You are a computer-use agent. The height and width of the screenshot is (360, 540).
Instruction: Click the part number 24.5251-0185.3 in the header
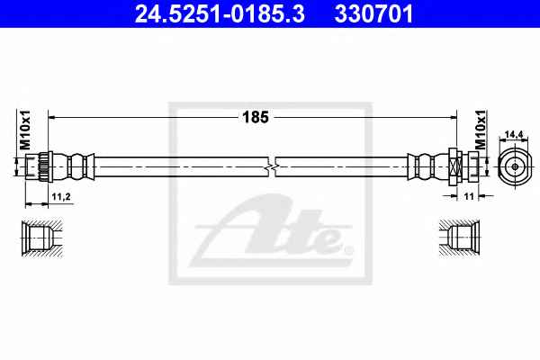pos(220,14)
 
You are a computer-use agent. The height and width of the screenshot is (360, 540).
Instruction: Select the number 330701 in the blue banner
pos(373,14)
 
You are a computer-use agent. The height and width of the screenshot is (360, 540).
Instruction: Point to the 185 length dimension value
pos(256,118)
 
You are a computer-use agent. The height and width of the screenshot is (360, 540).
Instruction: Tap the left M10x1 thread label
pos(25,130)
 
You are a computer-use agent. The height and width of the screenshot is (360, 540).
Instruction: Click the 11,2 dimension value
pos(61,197)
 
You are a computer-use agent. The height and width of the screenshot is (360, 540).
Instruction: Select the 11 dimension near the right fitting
pos(469,196)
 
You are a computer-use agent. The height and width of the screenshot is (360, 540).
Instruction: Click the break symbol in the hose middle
pos(272,167)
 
